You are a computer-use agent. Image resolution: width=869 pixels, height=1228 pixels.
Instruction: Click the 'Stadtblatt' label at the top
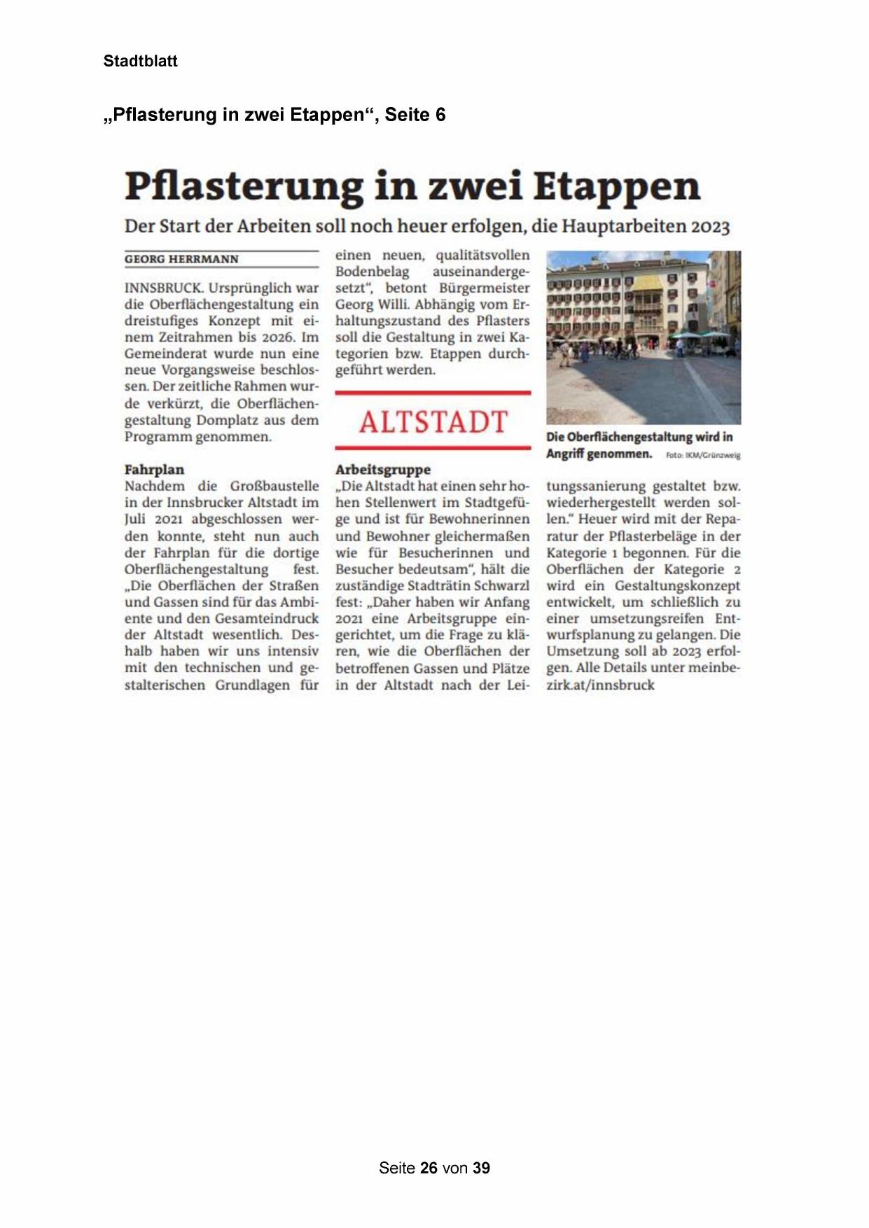click(x=140, y=61)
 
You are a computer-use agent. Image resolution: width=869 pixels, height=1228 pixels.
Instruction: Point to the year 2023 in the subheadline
click(x=708, y=227)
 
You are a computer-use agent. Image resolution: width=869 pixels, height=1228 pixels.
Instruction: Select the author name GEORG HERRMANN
click(x=181, y=259)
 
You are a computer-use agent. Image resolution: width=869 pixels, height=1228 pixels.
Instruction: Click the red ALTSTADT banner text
click(x=433, y=422)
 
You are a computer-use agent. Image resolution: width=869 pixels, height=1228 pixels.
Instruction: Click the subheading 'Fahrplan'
click(x=154, y=469)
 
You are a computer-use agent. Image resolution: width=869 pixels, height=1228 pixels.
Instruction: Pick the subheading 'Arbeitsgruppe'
click(x=382, y=469)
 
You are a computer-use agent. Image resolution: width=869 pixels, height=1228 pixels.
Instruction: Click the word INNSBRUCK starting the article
click(x=164, y=288)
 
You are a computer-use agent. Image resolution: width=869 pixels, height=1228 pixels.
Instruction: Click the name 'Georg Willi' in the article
click(x=371, y=305)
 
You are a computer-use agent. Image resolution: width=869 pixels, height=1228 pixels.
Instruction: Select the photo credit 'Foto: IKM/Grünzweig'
click(x=702, y=455)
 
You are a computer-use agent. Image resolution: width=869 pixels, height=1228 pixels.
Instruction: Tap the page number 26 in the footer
click(x=429, y=1168)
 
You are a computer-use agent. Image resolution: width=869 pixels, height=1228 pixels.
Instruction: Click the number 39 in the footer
click(x=481, y=1168)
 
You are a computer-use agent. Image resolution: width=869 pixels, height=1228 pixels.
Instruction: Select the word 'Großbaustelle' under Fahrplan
click(x=274, y=486)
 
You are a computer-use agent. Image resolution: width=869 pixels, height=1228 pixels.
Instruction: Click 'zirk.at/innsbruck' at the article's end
click(x=600, y=685)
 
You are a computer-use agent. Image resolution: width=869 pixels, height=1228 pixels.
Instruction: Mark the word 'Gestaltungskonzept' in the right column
click(x=676, y=586)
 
